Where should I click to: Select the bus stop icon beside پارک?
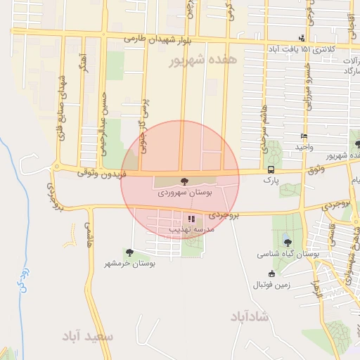pos(271,170)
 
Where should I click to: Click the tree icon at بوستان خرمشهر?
pos(129,252)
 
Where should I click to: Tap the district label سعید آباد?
pos(88,337)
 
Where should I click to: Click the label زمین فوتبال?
pos(271,285)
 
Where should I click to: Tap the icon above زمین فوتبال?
pos(272,274)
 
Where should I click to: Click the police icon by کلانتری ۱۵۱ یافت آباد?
pos(302,37)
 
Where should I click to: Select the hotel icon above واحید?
pos(304,136)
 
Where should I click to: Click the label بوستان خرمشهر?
pos(130,263)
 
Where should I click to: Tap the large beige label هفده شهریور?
pos(205,61)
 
